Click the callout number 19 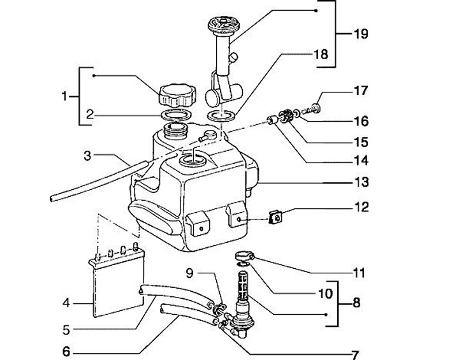[x=361, y=34]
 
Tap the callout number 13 [x=361, y=182]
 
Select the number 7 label [x=355, y=355]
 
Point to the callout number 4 [x=66, y=303]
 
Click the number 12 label [x=361, y=207]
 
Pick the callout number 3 [x=87, y=155]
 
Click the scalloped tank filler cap [x=178, y=94]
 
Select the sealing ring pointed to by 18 [x=221, y=115]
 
